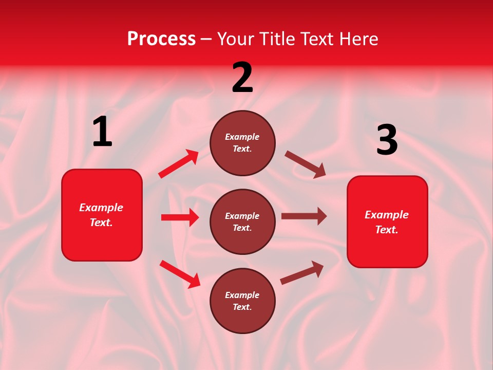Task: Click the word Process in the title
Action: [x=161, y=39]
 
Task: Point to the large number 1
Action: [x=102, y=132]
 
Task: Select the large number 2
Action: [x=242, y=78]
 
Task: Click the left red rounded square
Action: [x=102, y=215]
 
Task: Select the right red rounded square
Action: [x=387, y=221]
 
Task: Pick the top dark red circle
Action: [x=242, y=143]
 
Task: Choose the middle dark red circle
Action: [x=242, y=221]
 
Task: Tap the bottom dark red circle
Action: [x=242, y=301]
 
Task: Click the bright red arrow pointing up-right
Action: [x=179, y=164]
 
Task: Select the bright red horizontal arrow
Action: [x=180, y=217]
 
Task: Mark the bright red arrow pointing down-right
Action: [x=180, y=274]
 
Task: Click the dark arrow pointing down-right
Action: [x=306, y=164]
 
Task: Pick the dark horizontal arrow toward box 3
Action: [x=304, y=216]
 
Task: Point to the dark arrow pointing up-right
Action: [x=302, y=273]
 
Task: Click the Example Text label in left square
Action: [x=101, y=215]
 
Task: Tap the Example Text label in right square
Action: [x=387, y=222]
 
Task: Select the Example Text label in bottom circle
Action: [x=242, y=301]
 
